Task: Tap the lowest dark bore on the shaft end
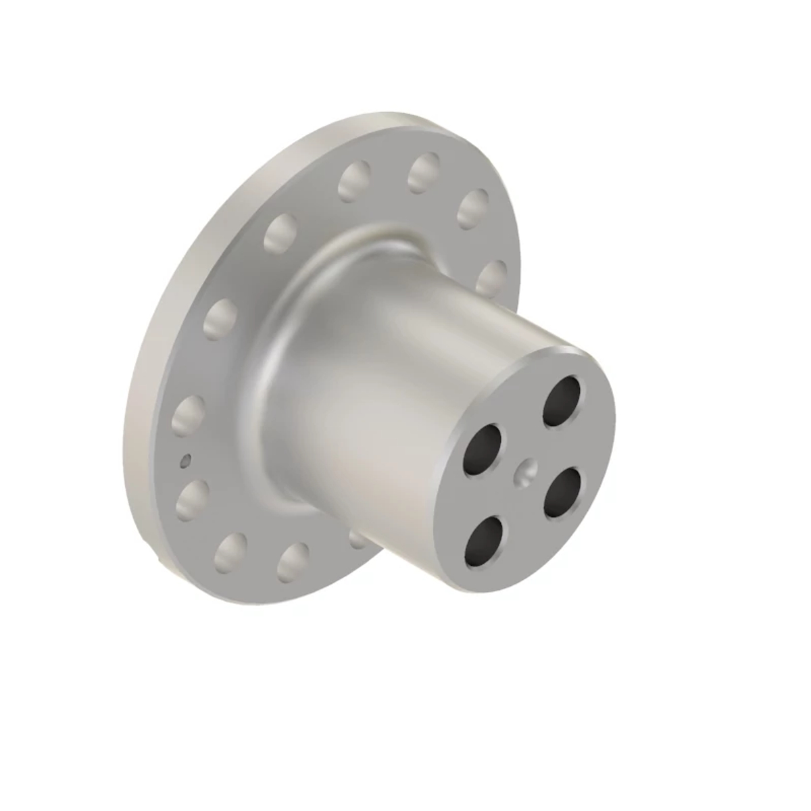(x=485, y=541)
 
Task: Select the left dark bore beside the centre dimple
(x=484, y=449)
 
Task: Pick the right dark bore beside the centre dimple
(x=564, y=492)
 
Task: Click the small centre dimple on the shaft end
(x=526, y=471)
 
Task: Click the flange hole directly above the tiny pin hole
(x=189, y=413)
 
